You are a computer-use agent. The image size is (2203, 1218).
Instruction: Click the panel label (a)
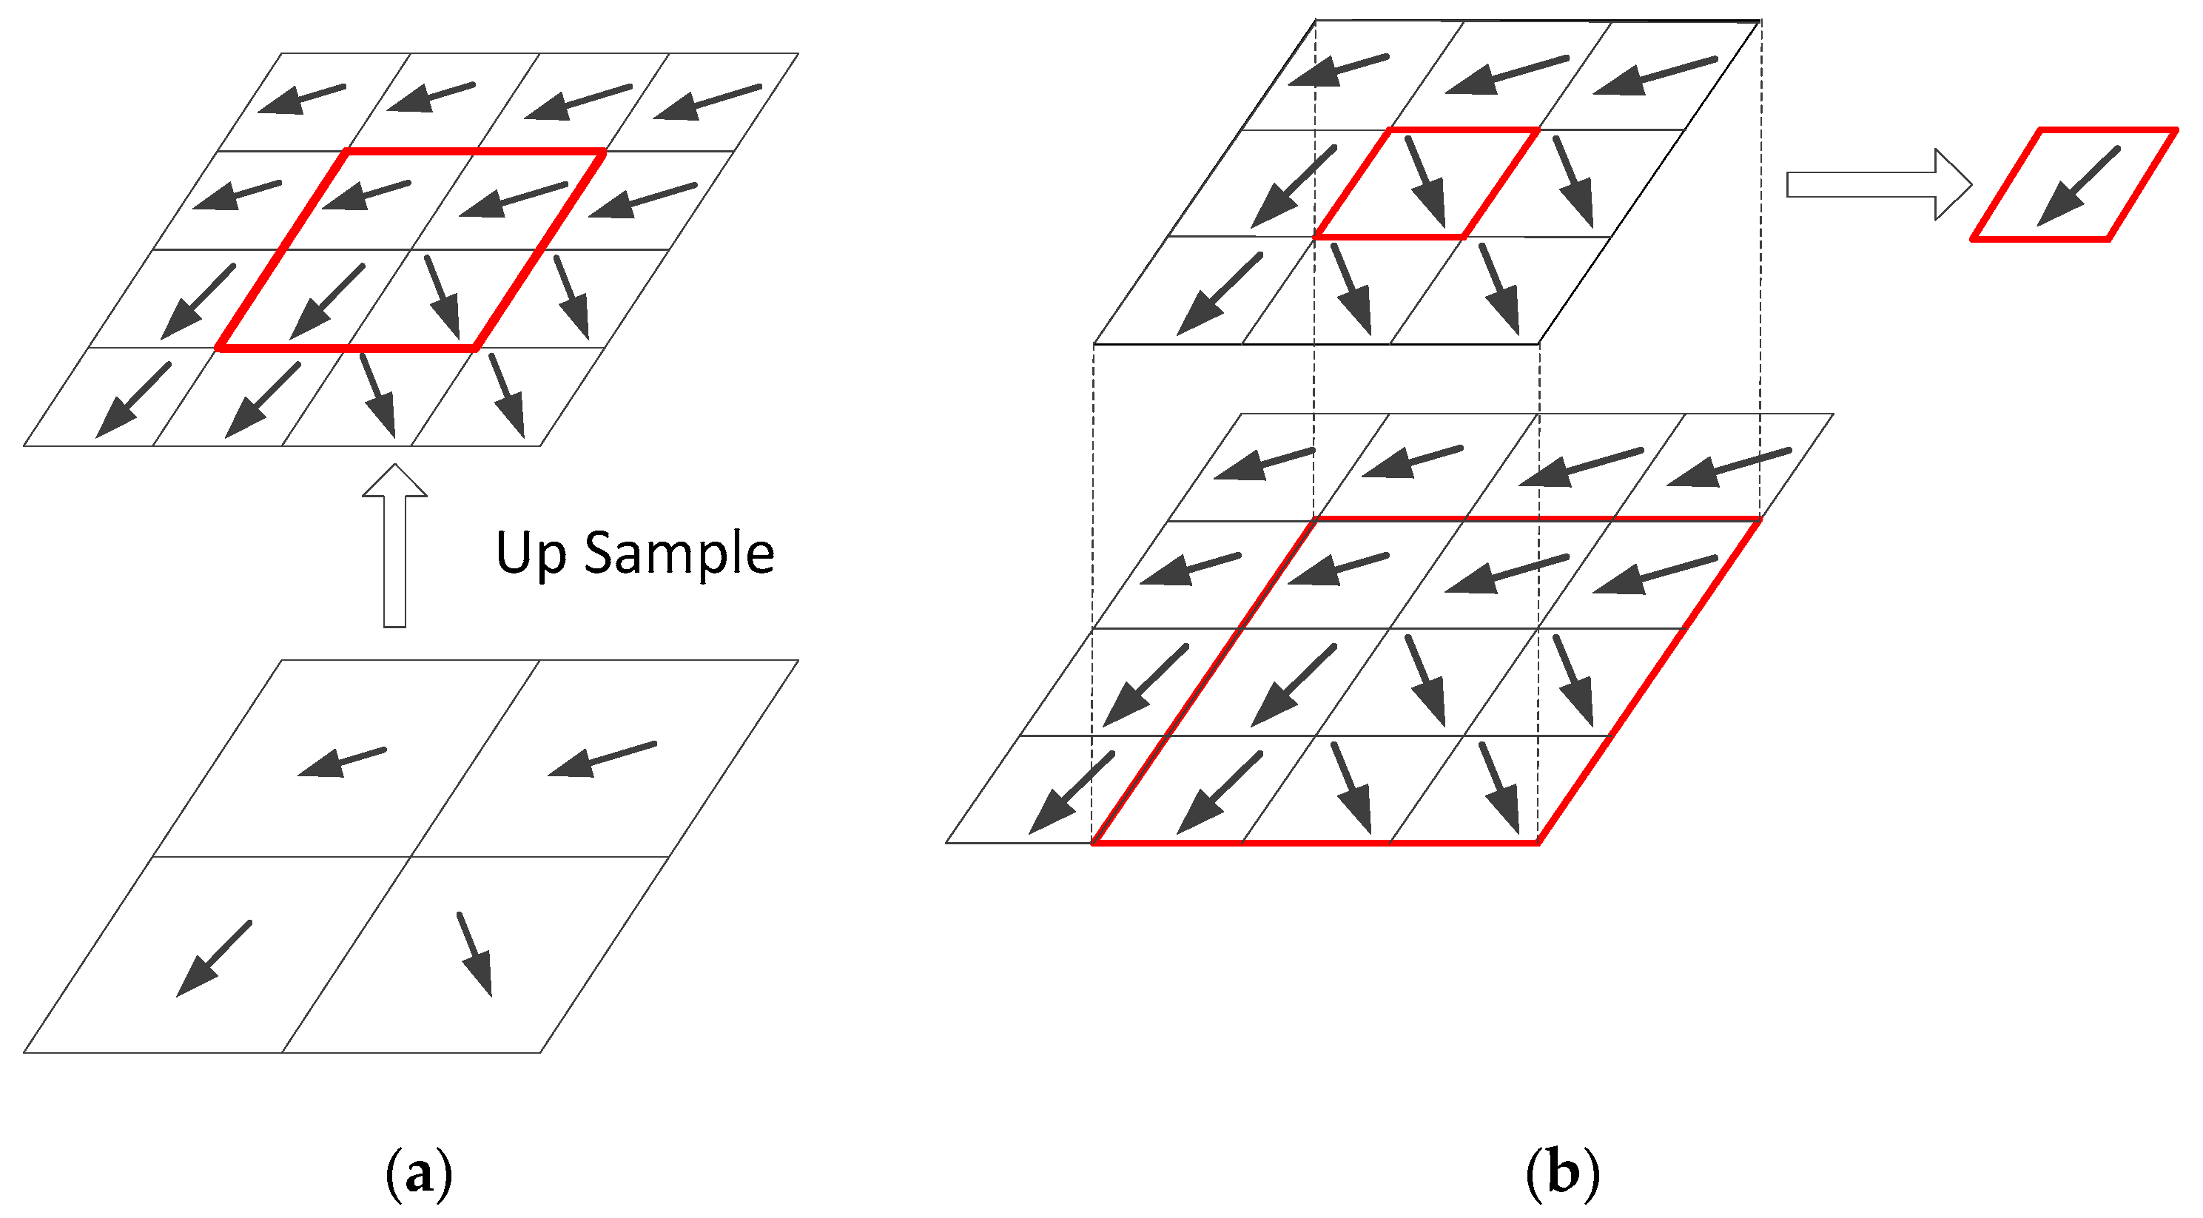tap(419, 1174)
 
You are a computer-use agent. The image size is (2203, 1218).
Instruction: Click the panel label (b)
tap(1562, 1172)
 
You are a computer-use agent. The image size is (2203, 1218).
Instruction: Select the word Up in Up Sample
tap(531, 554)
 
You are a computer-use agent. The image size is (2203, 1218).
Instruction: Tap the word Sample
tap(679, 554)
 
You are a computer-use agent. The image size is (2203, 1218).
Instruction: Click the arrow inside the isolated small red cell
tap(2078, 186)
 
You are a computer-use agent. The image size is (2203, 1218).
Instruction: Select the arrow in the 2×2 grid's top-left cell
tap(342, 762)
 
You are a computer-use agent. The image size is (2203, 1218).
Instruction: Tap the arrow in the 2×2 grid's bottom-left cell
tap(214, 958)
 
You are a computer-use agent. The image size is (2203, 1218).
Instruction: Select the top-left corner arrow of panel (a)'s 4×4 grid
tap(302, 99)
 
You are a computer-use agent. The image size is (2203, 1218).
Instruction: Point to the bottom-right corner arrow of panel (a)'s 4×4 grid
tap(506, 395)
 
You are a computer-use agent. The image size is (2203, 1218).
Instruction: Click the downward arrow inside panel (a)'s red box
tap(442, 296)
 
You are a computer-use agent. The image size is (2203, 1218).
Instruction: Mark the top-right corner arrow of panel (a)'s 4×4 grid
tap(707, 102)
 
